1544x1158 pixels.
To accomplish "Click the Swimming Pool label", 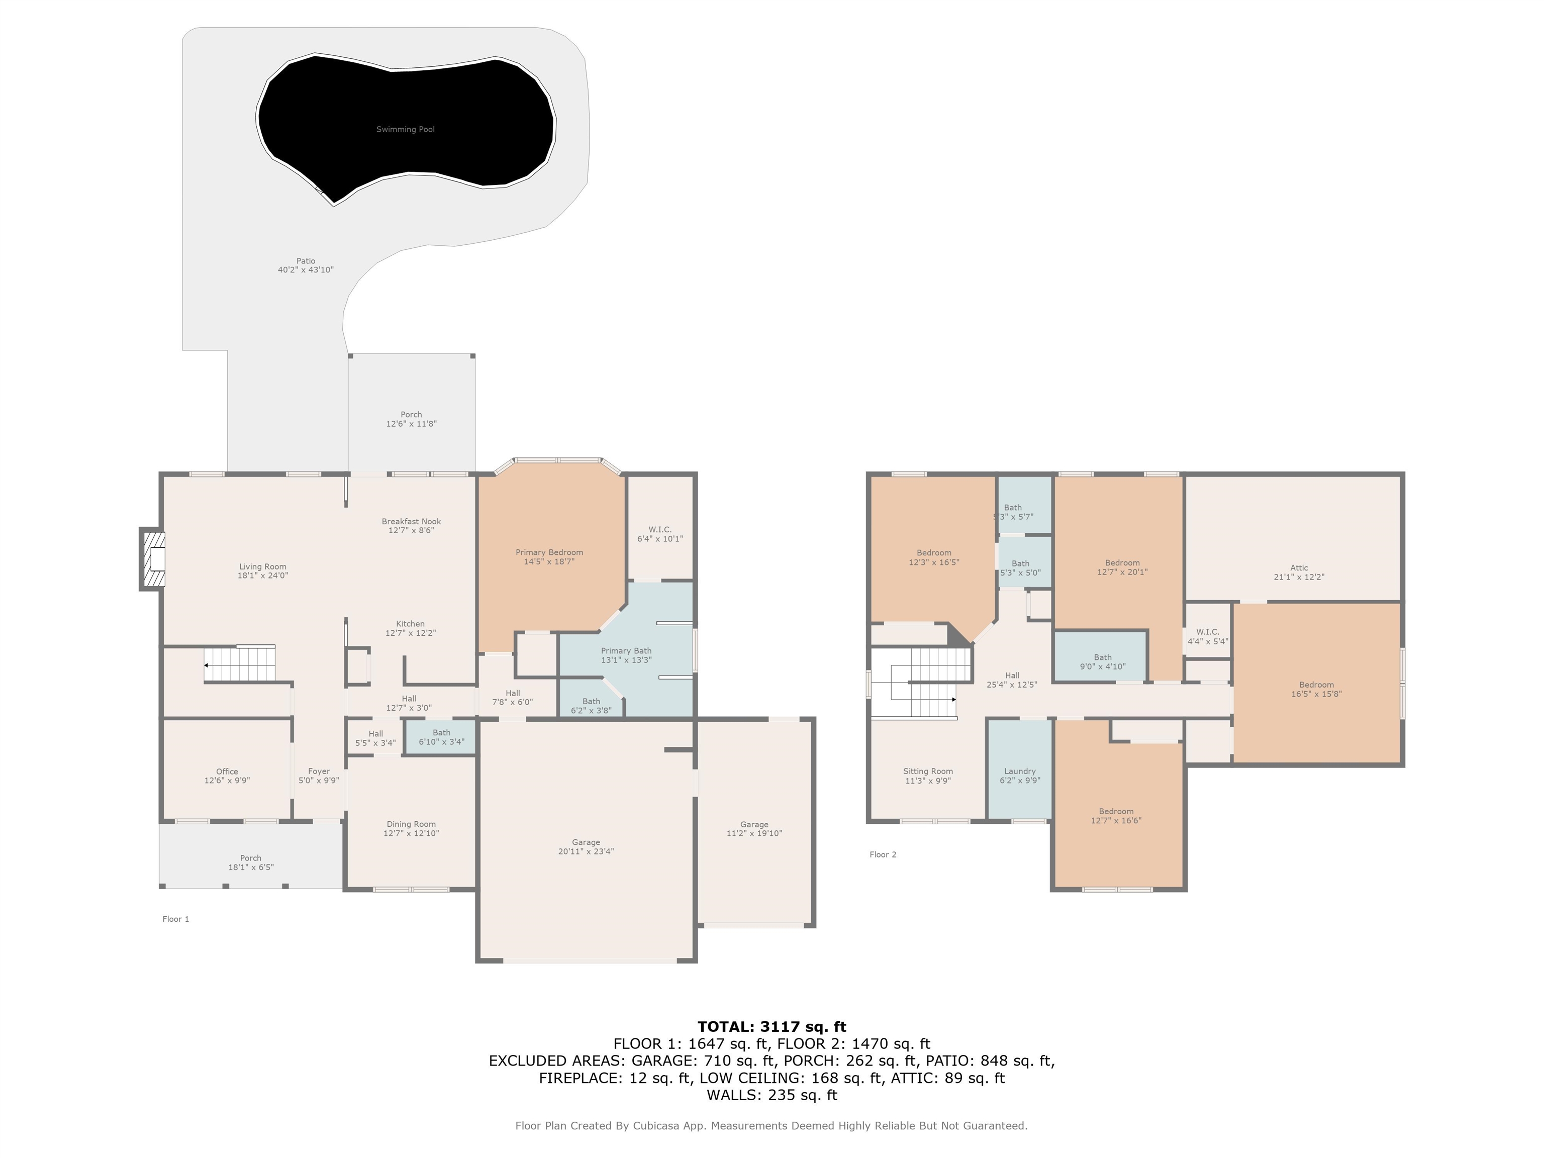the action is click(x=406, y=129).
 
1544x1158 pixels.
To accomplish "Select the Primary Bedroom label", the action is click(x=549, y=552).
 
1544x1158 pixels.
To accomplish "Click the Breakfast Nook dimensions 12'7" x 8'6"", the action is click(x=411, y=530).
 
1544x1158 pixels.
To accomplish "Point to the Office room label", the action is click(x=227, y=771).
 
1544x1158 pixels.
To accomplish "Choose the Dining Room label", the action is click(x=411, y=824).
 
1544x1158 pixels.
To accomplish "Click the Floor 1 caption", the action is click(x=176, y=919).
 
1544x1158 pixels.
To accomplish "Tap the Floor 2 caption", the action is click(x=883, y=854).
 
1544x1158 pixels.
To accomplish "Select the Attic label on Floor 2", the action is click(x=1299, y=567).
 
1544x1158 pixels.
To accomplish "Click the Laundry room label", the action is click(x=1020, y=771).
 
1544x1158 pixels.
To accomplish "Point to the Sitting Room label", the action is click(x=928, y=771).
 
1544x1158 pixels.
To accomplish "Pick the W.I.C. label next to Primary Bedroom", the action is click(x=659, y=530).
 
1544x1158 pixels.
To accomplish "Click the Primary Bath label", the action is click(x=626, y=650).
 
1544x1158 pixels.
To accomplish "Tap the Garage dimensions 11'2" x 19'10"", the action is click(x=754, y=833).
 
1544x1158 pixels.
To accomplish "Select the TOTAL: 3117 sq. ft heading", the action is click(x=771, y=1027).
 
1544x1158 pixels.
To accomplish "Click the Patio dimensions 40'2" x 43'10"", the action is click(x=306, y=270).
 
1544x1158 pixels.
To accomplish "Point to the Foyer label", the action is click(x=319, y=771).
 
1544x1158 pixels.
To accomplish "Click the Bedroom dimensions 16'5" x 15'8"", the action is click(x=1316, y=694).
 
